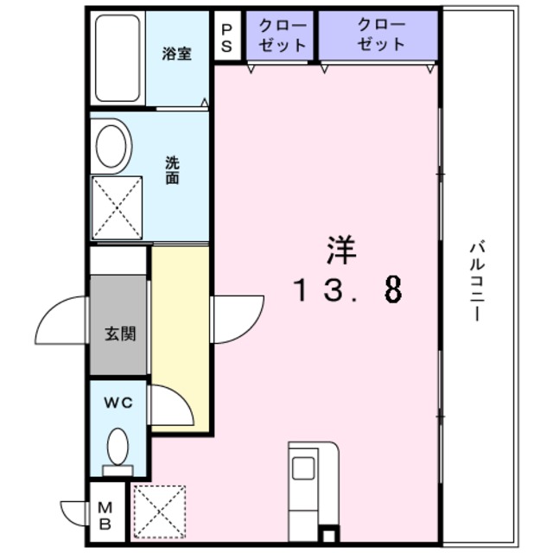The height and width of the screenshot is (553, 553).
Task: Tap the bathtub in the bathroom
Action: click(x=118, y=58)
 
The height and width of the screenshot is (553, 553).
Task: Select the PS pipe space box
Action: click(x=226, y=38)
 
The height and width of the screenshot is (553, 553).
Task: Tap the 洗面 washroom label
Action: click(x=173, y=170)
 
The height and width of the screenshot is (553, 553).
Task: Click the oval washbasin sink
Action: click(x=112, y=147)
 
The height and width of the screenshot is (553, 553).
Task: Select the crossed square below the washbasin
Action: click(x=118, y=207)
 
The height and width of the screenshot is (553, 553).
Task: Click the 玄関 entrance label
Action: click(x=120, y=334)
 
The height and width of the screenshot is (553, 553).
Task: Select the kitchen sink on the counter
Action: click(x=303, y=467)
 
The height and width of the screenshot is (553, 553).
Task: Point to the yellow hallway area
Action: click(x=181, y=337)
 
